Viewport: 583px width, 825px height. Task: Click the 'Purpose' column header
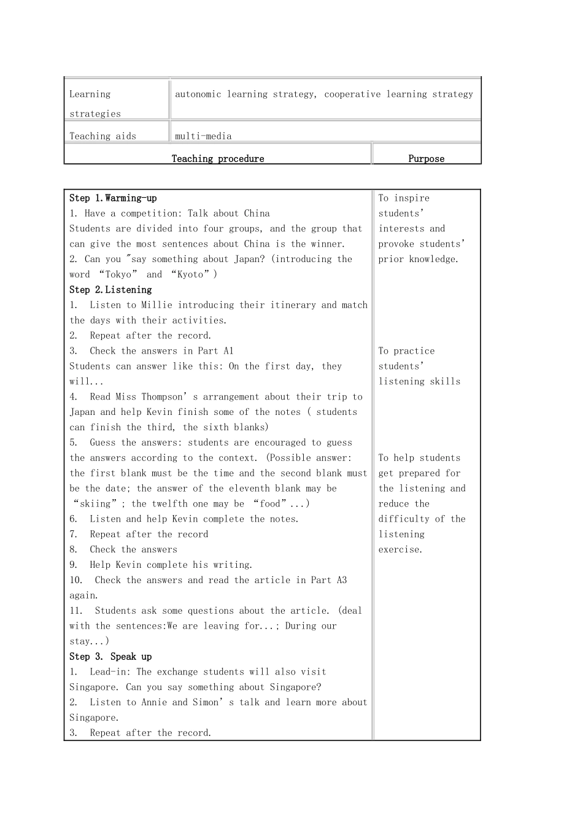(426, 158)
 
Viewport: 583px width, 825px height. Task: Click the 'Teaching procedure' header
(218, 158)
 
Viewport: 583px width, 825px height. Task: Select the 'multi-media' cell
(203, 136)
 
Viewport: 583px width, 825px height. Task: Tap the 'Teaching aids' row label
(102, 136)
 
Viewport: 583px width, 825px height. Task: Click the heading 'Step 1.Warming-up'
(113, 198)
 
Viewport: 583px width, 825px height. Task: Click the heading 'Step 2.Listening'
(110, 290)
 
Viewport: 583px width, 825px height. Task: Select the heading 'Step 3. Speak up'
(110, 657)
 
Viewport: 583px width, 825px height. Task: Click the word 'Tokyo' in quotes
(118, 274)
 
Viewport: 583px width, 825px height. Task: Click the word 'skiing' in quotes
(95, 504)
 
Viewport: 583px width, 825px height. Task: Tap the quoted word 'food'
(270, 504)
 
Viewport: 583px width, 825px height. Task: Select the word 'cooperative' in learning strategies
(352, 95)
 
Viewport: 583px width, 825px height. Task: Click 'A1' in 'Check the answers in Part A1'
(228, 351)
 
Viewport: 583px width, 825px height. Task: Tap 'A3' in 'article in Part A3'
(341, 580)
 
